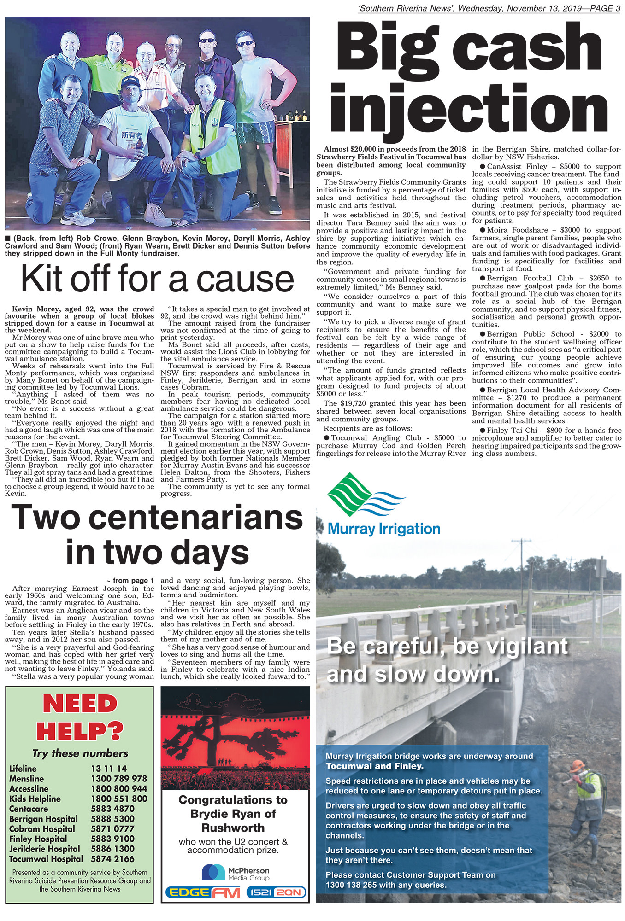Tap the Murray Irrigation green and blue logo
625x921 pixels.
[366, 495]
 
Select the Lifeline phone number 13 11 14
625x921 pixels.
[109, 768]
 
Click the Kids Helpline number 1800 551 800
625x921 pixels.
[119, 799]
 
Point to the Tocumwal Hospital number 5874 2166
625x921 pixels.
[112, 858]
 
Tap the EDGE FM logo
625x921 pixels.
[203, 892]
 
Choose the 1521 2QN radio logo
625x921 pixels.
[277, 892]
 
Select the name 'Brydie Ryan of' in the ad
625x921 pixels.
[233, 814]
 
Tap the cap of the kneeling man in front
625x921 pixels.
[130, 82]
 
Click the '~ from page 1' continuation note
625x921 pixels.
[130, 581]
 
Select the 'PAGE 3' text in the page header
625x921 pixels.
[602, 8]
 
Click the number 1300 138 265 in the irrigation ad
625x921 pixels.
[351, 885]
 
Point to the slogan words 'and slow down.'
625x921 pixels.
[413, 675]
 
